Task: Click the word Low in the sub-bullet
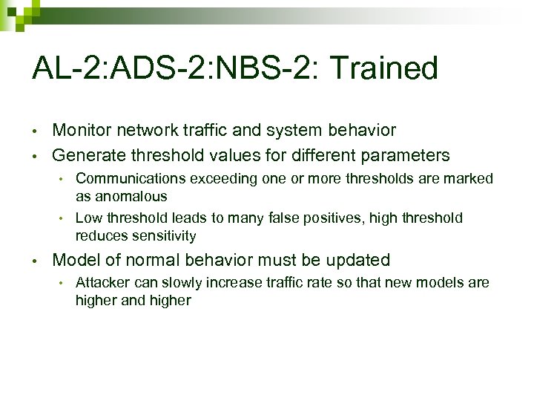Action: [89, 218]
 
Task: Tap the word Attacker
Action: [102, 282]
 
